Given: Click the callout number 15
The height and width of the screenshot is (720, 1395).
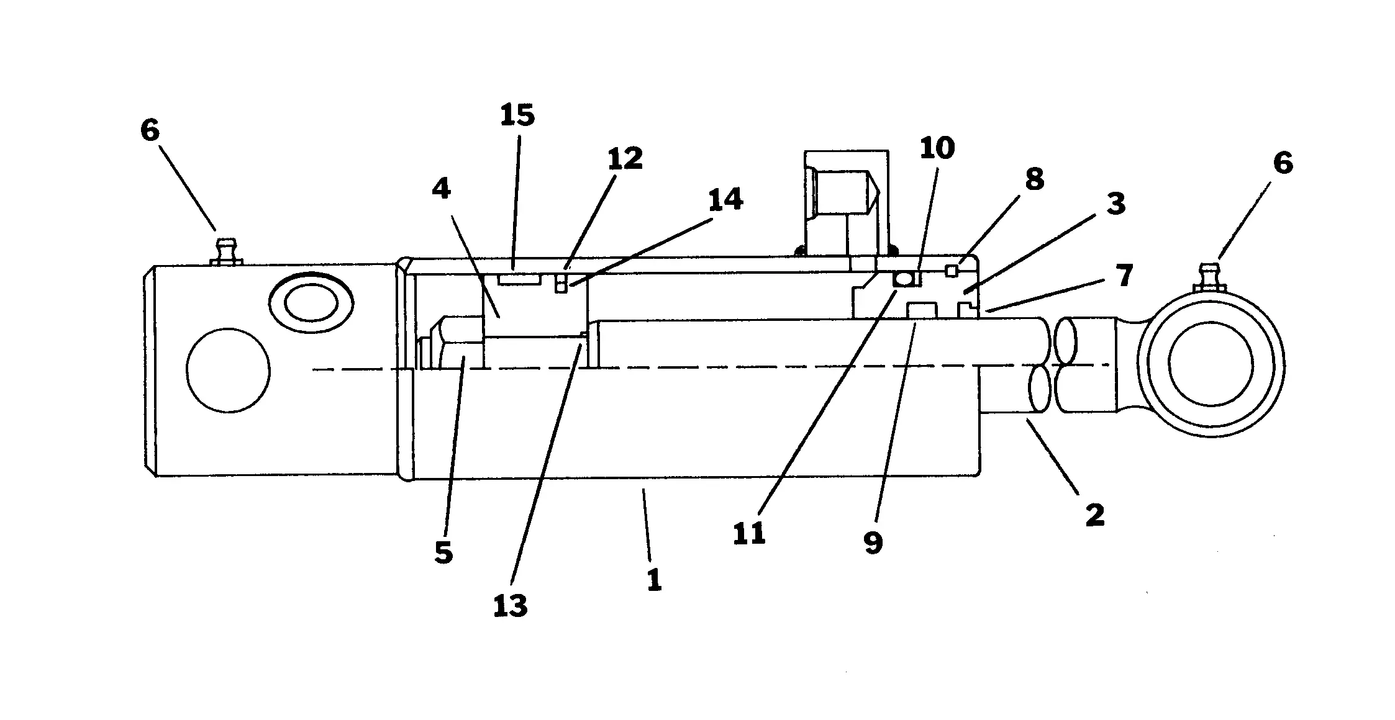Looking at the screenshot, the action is click(517, 116).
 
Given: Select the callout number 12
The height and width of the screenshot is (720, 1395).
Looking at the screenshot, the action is click(625, 159).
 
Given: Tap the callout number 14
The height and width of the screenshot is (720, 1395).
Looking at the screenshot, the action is click(725, 200).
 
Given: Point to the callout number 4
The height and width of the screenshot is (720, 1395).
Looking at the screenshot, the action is click(442, 189).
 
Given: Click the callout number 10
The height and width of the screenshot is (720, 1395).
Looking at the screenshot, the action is click(937, 148).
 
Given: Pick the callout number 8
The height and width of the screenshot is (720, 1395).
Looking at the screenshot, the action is click(1035, 179).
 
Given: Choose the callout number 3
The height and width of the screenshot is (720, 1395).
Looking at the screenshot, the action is click(1116, 204).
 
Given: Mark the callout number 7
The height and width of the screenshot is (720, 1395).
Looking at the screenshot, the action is click(1124, 276).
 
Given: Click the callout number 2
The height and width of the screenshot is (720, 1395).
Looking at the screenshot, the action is click(1095, 515).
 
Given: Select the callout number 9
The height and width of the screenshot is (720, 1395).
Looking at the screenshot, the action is click(873, 543).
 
